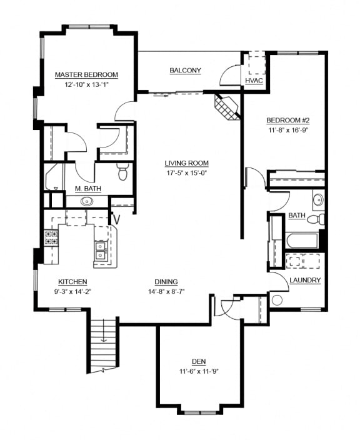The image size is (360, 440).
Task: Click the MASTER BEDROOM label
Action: pyautogui.click(x=86, y=75)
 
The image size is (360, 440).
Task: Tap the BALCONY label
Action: pyautogui.click(x=186, y=71)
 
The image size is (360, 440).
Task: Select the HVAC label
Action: pyautogui.click(x=254, y=81)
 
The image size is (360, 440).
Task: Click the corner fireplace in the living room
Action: pyautogui.click(x=227, y=107)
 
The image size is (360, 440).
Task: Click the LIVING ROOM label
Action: pyautogui.click(x=186, y=164)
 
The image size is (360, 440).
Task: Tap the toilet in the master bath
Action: pyautogui.click(x=122, y=171)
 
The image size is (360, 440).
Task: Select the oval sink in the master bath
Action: pyautogui.click(x=86, y=202)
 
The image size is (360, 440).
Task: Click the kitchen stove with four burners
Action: pyautogui.click(x=51, y=237)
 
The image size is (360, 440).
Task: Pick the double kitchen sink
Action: pyautogui.click(x=100, y=251)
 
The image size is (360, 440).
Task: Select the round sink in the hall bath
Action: pyautogui.click(x=318, y=200)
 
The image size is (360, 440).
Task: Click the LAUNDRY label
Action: pyautogui.click(x=305, y=281)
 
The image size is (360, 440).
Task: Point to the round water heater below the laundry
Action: pyautogui.click(x=276, y=300)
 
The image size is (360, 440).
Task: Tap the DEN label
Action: pyautogui.click(x=199, y=361)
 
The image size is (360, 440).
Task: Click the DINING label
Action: pyautogui.click(x=166, y=281)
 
